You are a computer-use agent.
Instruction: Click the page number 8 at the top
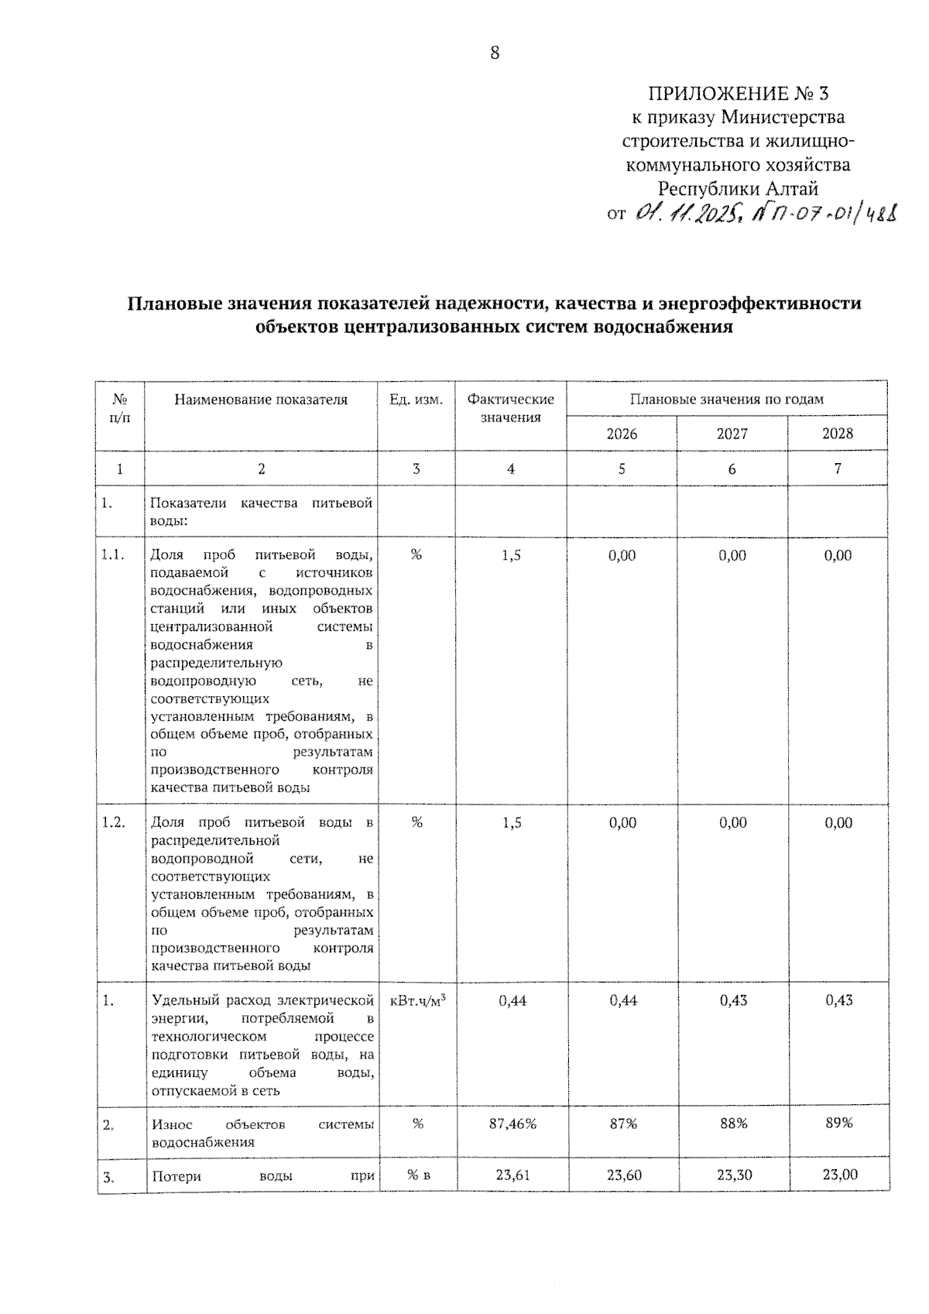(x=495, y=53)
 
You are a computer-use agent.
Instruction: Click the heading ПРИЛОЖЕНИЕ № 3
(x=737, y=94)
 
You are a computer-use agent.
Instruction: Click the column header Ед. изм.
(x=417, y=400)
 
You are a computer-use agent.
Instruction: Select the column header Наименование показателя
(x=261, y=400)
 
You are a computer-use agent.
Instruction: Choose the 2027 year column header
(x=732, y=434)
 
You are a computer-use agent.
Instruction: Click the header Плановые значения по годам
(x=726, y=400)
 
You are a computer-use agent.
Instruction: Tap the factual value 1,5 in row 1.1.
(x=511, y=555)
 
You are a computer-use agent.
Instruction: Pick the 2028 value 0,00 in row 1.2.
(x=838, y=822)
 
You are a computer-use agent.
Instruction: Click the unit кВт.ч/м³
(x=417, y=1000)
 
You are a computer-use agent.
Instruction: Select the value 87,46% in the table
(x=512, y=1124)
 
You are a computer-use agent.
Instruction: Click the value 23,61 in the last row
(x=512, y=1175)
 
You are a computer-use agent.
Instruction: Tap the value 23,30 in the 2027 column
(x=732, y=1175)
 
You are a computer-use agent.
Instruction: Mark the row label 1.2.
(x=113, y=822)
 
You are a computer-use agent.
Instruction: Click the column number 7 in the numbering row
(x=838, y=468)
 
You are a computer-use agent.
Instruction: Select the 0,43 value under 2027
(x=732, y=1000)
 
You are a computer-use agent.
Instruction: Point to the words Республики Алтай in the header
(x=737, y=188)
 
